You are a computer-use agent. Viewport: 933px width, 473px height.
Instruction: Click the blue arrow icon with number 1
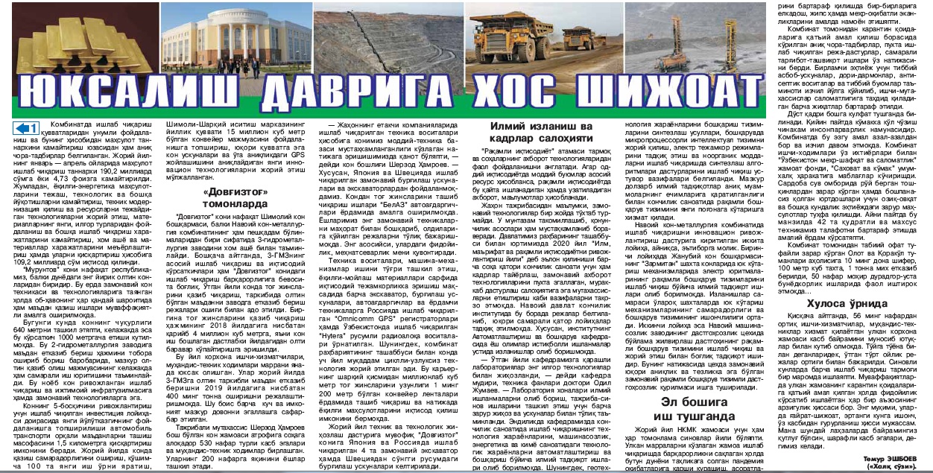pos(27,129)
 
